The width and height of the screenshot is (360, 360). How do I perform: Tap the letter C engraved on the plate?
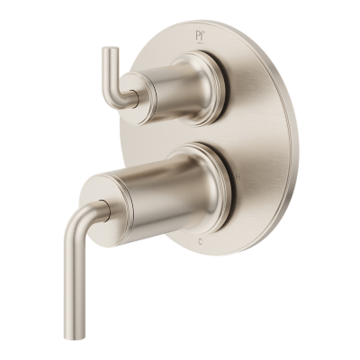point(200,242)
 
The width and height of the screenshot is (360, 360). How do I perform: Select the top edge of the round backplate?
point(211,20)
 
